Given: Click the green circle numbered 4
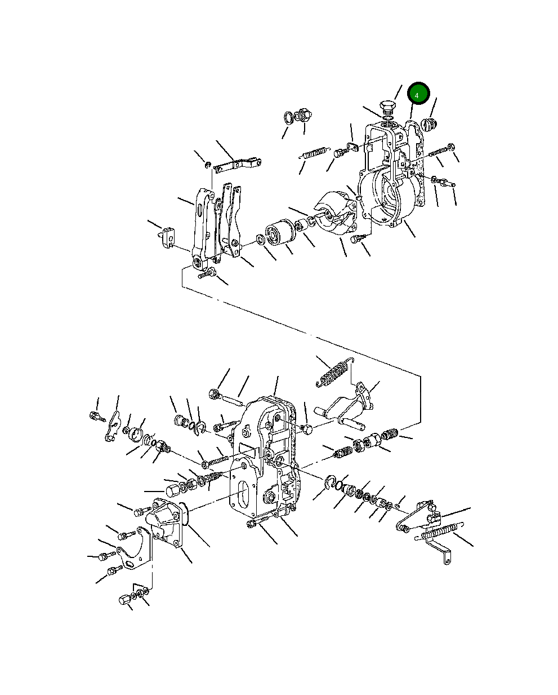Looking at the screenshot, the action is pos(418,94).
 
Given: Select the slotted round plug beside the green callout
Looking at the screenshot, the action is pos(429,125).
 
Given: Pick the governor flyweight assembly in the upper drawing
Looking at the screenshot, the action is pos(337,212).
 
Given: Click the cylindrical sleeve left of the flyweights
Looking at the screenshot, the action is pos(279,232).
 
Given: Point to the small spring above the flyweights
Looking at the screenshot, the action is pos(314,153).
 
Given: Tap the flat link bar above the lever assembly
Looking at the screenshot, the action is pos(237,165).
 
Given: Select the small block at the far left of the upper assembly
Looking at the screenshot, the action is pos(168,238).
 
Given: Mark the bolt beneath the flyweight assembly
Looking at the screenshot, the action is pos(358,238).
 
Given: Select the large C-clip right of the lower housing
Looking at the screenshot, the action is pos(330,485).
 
